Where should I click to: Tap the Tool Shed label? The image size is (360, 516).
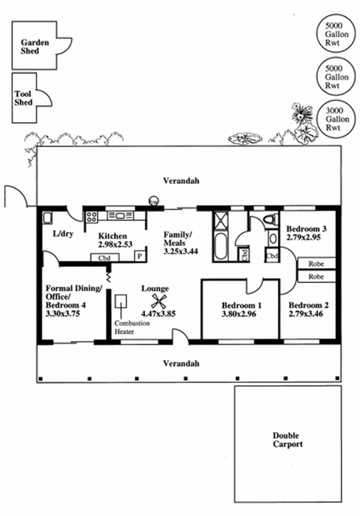pos(23,99)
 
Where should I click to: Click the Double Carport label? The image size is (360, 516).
pos(288,439)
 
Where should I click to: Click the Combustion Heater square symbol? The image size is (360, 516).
pos(121,301)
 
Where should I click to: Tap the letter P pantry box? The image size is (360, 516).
pos(140,256)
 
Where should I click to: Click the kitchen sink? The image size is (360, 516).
pos(120,216)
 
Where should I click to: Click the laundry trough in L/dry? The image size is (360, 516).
pos(47,218)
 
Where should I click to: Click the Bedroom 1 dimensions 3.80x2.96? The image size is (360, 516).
pos(238,314)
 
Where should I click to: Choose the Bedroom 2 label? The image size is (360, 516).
pos(308,305)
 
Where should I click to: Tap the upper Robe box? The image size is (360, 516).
pos(317,263)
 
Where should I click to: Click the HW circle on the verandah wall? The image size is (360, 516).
pos(153,202)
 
